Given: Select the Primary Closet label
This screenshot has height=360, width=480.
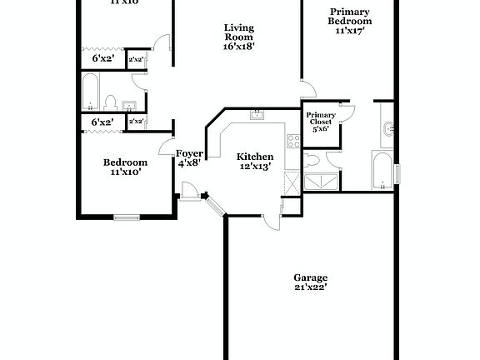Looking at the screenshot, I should pyautogui.click(x=321, y=118).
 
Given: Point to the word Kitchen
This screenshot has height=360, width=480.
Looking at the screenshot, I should pyautogui.click(x=255, y=157).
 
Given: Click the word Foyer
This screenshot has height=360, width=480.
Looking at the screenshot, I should pyautogui.click(x=188, y=153).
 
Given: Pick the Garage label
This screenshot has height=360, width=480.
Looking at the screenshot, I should pyautogui.click(x=310, y=277).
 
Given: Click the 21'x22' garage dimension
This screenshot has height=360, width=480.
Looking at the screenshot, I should pyautogui.click(x=310, y=287).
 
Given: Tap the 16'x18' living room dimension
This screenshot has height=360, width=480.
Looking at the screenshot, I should pyautogui.click(x=239, y=47).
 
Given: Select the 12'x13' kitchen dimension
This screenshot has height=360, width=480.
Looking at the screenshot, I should pyautogui.click(x=255, y=167).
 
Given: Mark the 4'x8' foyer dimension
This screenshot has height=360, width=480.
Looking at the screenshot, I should pyautogui.click(x=188, y=163).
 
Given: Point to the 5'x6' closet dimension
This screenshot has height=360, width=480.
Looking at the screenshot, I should pyautogui.click(x=321, y=128).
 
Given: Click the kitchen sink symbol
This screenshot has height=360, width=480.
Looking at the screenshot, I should pyautogui.click(x=257, y=114).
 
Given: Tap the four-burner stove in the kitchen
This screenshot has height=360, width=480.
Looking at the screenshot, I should pyautogui.click(x=292, y=141).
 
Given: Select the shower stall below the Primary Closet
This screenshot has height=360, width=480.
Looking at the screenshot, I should pyautogui.click(x=321, y=182).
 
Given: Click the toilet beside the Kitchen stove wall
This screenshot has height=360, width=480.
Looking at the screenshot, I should pyautogui.click(x=312, y=159).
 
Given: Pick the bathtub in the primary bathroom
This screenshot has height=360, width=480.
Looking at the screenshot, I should pyautogui.click(x=382, y=170).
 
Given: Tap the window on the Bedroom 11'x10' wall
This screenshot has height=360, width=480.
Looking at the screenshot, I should pyautogui.click(x=127, y=218).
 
